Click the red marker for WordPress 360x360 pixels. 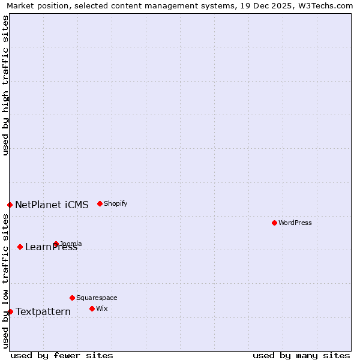tap(274, 223)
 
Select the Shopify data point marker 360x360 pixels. tap(100, 203)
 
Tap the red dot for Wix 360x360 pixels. tap(92, 308)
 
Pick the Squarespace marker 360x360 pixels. tap(72, 298)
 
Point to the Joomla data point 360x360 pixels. tap(56, 244)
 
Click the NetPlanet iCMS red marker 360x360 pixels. tap(10, 205)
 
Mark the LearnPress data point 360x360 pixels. tap(20, 247)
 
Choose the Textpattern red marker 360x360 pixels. tap(10, 311)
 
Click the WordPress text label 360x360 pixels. tap(295, 223)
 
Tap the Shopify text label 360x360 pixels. tap(115, 203)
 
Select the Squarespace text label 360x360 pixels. tap(97, 298)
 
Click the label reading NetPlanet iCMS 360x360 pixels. tap(52, 205)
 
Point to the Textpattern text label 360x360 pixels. tap(43, 311)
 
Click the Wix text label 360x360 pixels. tap(101, 308)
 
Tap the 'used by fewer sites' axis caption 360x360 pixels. tap(62, 355)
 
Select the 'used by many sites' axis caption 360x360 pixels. tap(301, 355)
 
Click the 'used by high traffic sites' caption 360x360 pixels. tap(5, 85)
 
